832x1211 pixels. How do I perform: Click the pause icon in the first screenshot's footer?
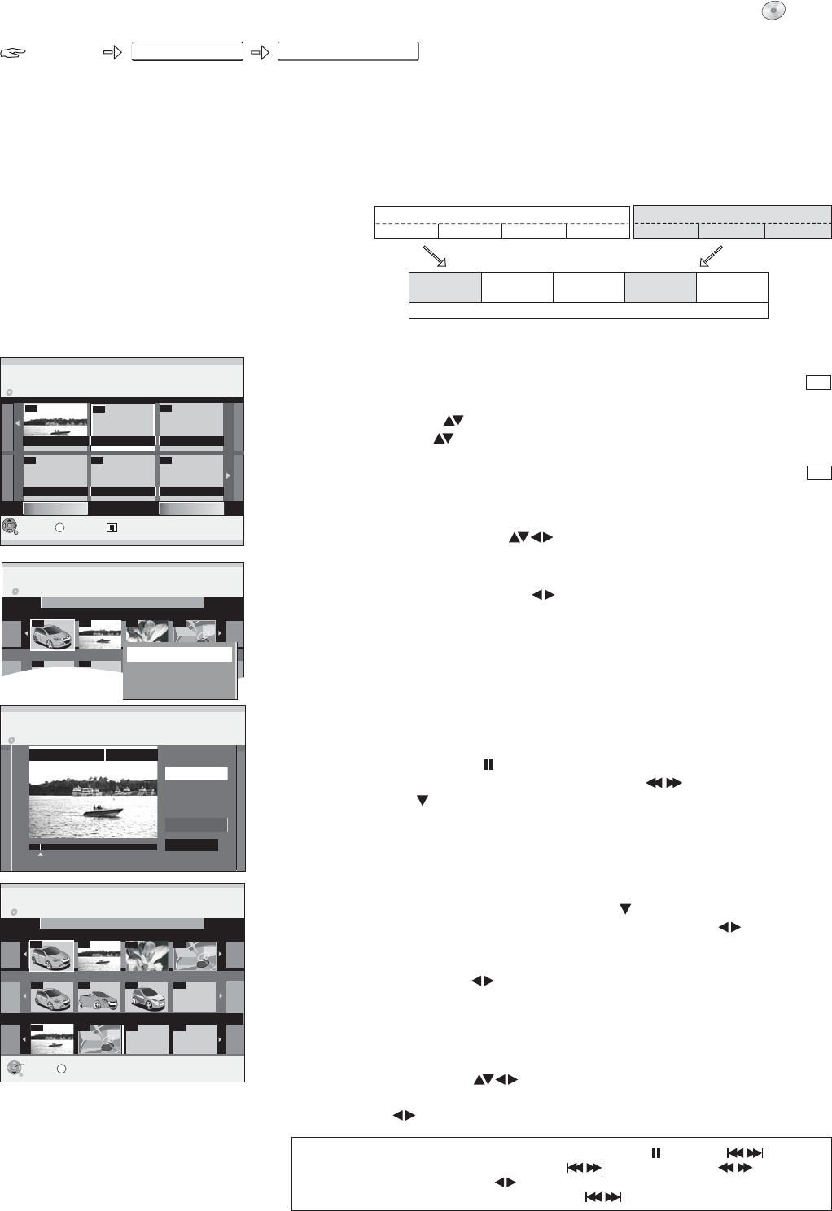pyautogui.click(x=112, y=527)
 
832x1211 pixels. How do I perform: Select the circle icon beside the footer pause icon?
pyautogui.click(x=60, y=527)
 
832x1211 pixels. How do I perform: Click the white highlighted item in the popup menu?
pyautogui.click(x=179, y=654)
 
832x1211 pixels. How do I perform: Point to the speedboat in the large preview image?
pyautogui.click(x=103, y=811)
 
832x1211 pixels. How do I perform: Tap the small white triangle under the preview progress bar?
pyautogui.click(x=40, y=855)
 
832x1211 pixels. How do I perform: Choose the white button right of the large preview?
pyautogui.click(x=196, y=773)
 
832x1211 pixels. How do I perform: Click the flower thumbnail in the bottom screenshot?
pyautogui.click(x=147, y=955)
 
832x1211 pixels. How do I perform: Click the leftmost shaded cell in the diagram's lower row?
pyautogui.click(x=444, y=287)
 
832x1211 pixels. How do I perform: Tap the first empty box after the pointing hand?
pyautogui.click(x=187, y=53)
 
